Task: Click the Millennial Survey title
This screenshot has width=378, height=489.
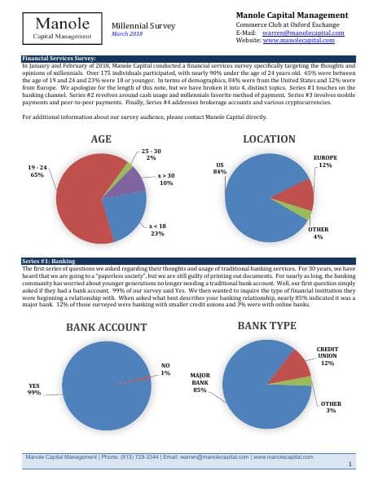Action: coord(143,25)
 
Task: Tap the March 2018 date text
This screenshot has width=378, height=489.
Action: coord(127,34)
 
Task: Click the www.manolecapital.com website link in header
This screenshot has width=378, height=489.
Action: coord(306,40)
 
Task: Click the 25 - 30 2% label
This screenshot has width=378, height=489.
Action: coord(151,154)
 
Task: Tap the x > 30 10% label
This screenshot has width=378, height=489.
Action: coord(165,179)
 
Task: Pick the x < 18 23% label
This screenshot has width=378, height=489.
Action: coord(157,229)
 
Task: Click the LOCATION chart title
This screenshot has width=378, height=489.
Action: coord(270,139)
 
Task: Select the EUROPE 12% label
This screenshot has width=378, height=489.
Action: coord(325,160)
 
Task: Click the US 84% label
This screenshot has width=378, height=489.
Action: coord(219,168)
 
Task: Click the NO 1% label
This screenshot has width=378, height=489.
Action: coord(165,369)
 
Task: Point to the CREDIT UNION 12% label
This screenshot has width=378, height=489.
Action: coord(327,355)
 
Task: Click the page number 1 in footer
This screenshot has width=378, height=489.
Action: coord(349,463)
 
